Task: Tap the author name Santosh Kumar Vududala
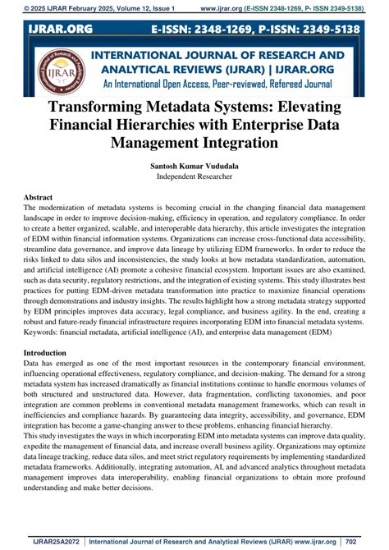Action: (194, 165)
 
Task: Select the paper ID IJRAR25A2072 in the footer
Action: (40, 540)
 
